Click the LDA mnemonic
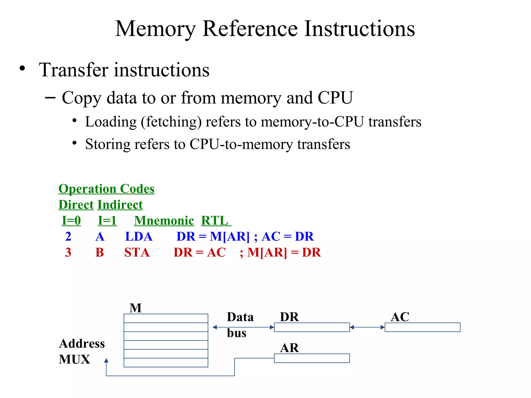coord(139,237)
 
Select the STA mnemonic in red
coord(137,252)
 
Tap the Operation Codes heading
coord(106,189)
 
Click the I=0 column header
coord(71,221)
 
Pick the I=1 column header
coord(107,221)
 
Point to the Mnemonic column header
coord(164,221)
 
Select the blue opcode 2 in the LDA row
coord(68,237)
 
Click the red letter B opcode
coord(100,252)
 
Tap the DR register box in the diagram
coord(312,327)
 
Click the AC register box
coord(422,327)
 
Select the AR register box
coord(312,358)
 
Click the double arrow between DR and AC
coord(367,327)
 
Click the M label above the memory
coord(136,308)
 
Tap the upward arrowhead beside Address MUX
coord(106,360)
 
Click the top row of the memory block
coord(166,318)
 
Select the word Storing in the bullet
coord(108,144)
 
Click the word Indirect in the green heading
coord(120,205)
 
